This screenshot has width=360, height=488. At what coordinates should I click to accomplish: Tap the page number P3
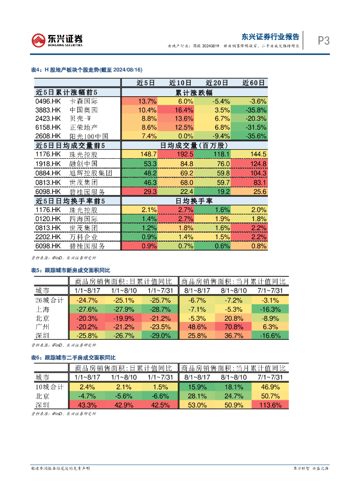point(324,41)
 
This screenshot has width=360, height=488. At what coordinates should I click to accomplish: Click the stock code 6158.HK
point(48,127)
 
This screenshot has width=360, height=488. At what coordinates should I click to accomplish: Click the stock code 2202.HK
point(48,237)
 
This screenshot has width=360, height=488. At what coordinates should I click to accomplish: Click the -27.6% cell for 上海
point(87,309)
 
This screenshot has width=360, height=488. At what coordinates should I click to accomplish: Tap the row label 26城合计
point(50,300)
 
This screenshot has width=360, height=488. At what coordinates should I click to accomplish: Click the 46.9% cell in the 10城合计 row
point(270,386)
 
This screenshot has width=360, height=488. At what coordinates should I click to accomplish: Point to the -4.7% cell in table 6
point(87,396)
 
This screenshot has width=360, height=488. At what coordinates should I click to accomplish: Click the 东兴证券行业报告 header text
point(270,37)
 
